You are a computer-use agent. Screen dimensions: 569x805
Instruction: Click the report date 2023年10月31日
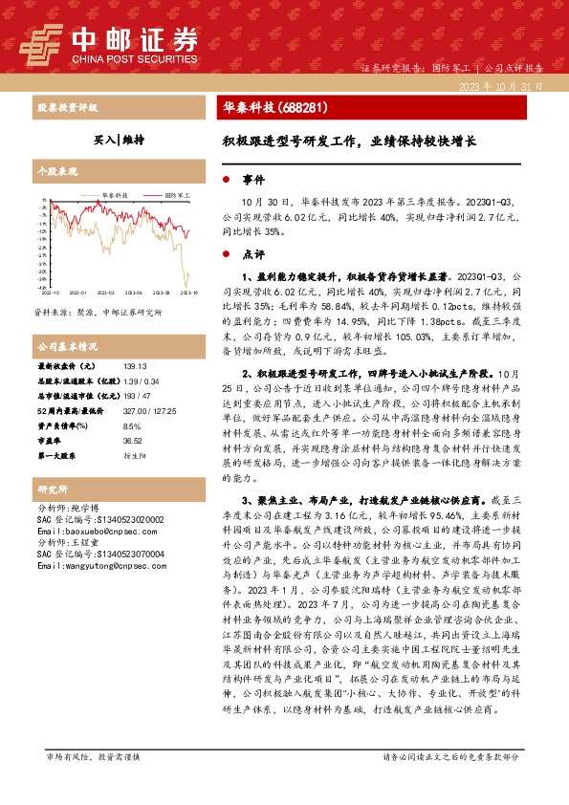coord(500,86)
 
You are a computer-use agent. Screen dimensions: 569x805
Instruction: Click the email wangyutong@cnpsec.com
coord(93,566)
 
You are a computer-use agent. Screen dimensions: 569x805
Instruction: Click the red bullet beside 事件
coord(226,179)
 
